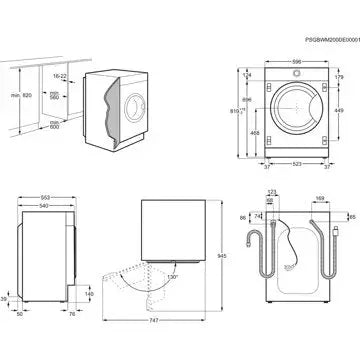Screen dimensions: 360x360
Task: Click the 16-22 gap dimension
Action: [57, 76]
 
